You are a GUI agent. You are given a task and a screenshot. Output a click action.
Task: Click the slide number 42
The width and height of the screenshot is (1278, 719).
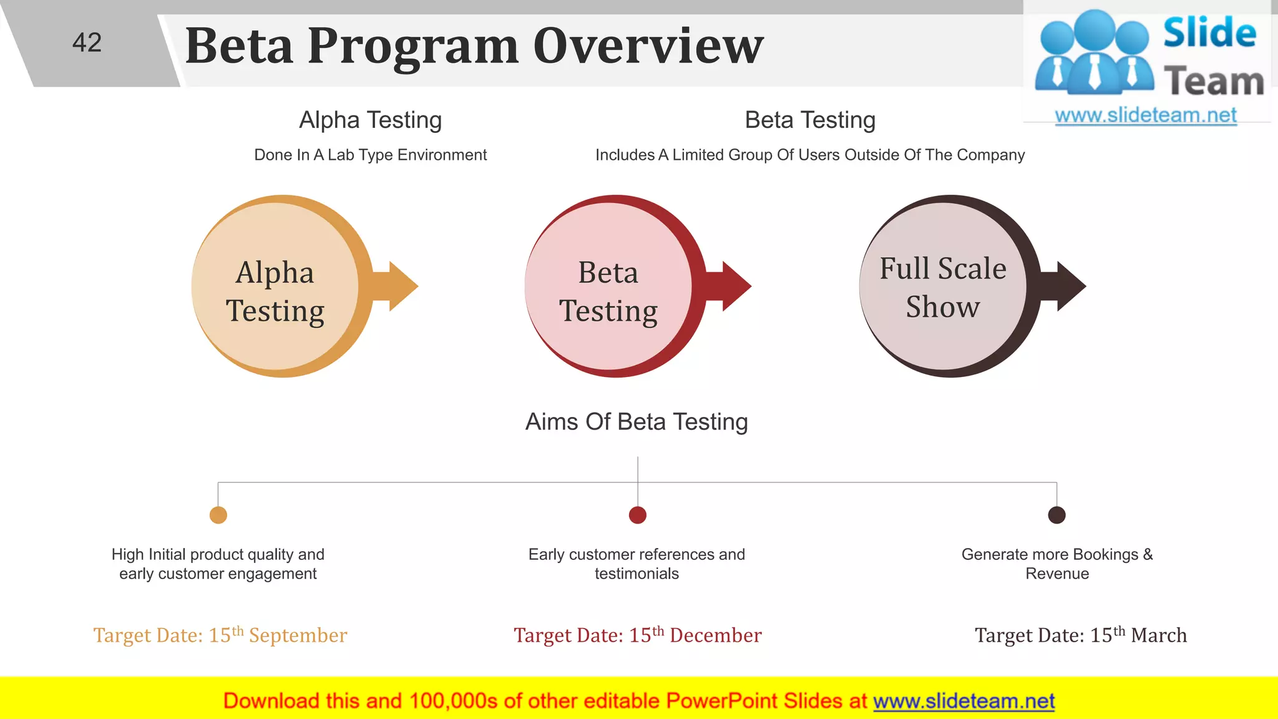click(x=87, y=43)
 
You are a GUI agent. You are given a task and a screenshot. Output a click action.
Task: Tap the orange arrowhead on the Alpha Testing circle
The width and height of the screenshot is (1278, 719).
click(x=402, y=286)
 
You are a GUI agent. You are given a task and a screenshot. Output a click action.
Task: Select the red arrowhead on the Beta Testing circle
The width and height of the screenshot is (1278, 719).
click(x=736, y=286)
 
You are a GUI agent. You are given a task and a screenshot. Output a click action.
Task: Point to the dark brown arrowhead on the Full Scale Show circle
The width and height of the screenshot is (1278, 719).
click(x=1070, y=286)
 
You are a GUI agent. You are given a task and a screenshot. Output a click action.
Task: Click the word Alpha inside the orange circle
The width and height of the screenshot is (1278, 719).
click(x=275, y=273)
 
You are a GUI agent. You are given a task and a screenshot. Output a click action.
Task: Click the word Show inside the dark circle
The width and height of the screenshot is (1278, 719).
click(x=942, y=307)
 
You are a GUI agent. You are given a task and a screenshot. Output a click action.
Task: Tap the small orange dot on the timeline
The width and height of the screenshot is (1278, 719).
click(x=218, y=515)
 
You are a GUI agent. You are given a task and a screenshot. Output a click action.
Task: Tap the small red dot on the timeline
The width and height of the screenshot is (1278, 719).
click(x=638, y=515)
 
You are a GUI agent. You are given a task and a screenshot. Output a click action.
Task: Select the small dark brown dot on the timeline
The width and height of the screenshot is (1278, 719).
click(x=1056, y=515)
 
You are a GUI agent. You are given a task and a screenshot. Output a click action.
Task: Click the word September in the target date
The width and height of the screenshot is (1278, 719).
click(x=298, y=636)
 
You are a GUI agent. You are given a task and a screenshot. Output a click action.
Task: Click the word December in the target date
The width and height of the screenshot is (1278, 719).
click(x=715, y=636)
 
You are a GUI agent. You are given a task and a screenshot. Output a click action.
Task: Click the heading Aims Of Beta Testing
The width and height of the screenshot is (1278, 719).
click(x=637, y=422)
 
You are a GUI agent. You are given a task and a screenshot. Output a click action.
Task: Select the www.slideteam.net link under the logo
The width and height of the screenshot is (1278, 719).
click(x=1146, y=115)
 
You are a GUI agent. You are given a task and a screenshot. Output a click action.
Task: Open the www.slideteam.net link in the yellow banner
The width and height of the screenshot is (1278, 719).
click(x=963, y=702)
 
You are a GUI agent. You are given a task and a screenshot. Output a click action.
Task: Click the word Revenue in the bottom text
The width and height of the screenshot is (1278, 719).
click(x=1057, y=574)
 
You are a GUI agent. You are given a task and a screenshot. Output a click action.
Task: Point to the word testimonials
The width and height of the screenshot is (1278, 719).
click(x=637, y=574)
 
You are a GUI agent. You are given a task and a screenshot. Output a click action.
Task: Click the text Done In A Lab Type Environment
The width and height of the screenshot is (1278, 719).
click(x=370, y=155)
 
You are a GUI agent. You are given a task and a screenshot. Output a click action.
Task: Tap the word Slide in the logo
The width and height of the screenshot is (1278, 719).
click(x=1209, y=33)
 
